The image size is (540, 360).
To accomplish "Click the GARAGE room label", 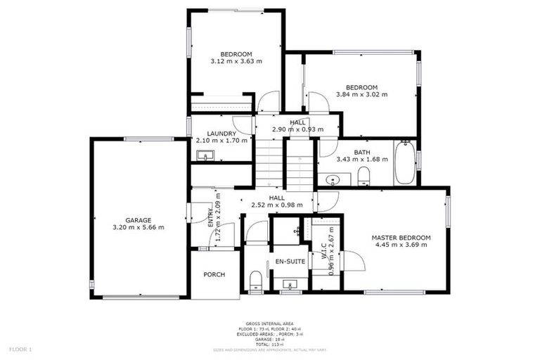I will coord(139,219).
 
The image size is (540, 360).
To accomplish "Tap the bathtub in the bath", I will coord(404,162).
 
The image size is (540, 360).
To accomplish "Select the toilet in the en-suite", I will coord(256,283).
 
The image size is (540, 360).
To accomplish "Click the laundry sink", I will coord(205,155).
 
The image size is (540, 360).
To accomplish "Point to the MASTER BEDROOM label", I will coord(401,238).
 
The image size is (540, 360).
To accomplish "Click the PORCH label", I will coord(214,274).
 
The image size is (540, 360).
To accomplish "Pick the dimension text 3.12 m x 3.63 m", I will coord(236,62).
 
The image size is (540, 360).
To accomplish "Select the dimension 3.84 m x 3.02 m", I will coord(361,94).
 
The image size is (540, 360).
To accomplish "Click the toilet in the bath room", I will coord(364,176).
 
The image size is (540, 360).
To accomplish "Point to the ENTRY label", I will coord(210,217).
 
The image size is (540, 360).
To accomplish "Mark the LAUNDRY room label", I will coord(221,133).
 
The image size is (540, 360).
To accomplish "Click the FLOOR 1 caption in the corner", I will coord(20,349).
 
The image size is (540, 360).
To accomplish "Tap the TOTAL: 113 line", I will coord(269,344).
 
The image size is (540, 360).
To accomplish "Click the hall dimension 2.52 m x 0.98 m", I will coord(276,205).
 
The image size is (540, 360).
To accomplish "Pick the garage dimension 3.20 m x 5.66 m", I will coord(139,227).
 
